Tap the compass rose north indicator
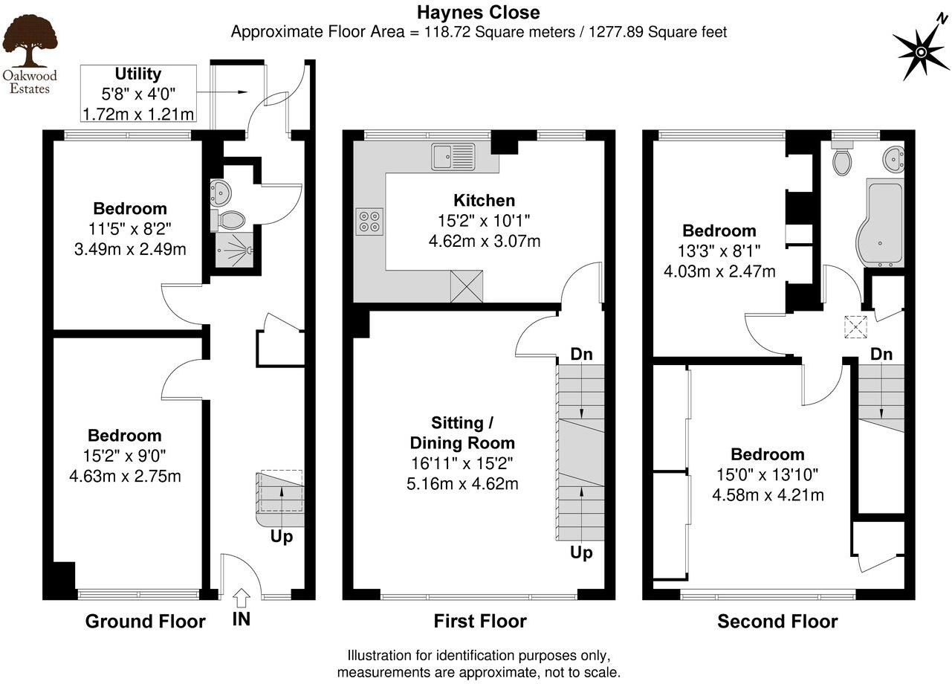[922, 51]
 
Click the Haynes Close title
[478, 12]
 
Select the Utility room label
[137, 74]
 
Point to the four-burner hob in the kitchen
[370, 220]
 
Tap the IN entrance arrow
[242, 597]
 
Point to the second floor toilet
[841, 161]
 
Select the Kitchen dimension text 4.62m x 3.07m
[484, 241]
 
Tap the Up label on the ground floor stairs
[282, 536]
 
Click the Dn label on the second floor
[881, 354]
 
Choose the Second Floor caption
[777, 622]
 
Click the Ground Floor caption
[145, 622]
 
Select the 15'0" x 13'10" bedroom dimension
[767, 474]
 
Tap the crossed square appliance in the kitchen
[467, 286]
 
